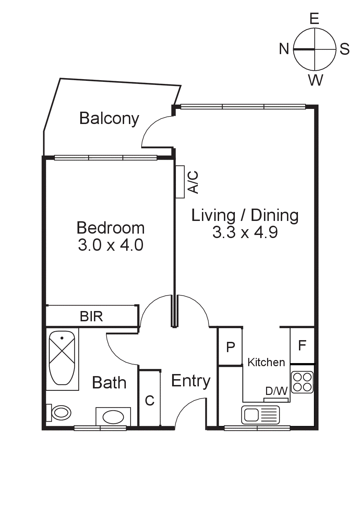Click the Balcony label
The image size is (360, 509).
109,119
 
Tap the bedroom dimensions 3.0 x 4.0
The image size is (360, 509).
110,245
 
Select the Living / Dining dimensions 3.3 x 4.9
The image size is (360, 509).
245,232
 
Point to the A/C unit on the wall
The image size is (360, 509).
180,182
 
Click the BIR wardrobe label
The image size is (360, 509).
91,316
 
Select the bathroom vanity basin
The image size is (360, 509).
113,417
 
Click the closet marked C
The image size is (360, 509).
150,400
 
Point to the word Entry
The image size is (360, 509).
191,381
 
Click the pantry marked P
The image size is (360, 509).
230,347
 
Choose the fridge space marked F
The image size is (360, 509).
302,345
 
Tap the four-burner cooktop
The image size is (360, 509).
302,382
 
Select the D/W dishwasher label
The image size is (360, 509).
276,391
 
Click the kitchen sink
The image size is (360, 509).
261,415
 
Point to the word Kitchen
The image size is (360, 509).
266,362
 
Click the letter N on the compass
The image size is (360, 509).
284,49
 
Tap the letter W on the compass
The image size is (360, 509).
315,80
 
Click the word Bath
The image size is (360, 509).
109,383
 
